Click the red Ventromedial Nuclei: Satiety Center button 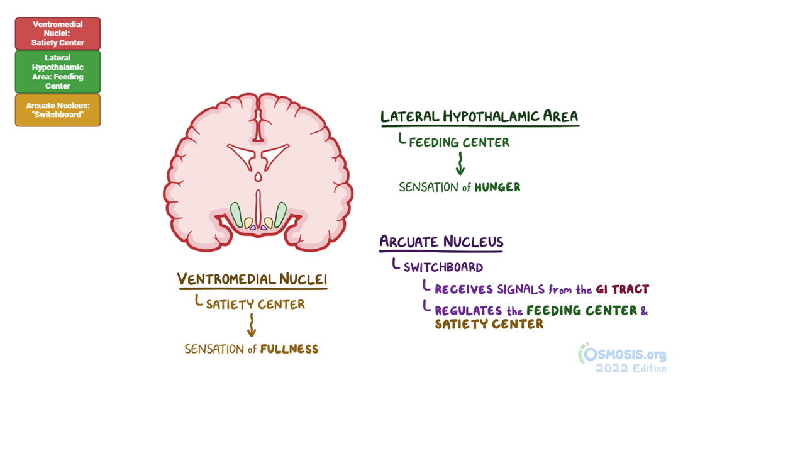click(58, 33)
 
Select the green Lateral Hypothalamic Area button click(58, 72)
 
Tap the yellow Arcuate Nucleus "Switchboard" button click(58, 110)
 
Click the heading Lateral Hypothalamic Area click(479, 117)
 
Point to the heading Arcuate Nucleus click(441, 242)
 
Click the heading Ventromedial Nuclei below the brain click(252, 279)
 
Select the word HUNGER click(497, 187)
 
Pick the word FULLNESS click(289, 349)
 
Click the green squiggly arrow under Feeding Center click(460, 164)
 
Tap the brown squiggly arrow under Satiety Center click(252, 325)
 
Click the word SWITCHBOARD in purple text click(443, 267)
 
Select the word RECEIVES click(464, 289)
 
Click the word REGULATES click(468, 311)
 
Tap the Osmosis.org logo click(623, 354)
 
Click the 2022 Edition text click(631, 369)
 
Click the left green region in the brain click(236, 215)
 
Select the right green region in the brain click(280, 215)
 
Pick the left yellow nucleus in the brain click(249, 223)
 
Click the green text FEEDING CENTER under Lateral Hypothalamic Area click(459, 143)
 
